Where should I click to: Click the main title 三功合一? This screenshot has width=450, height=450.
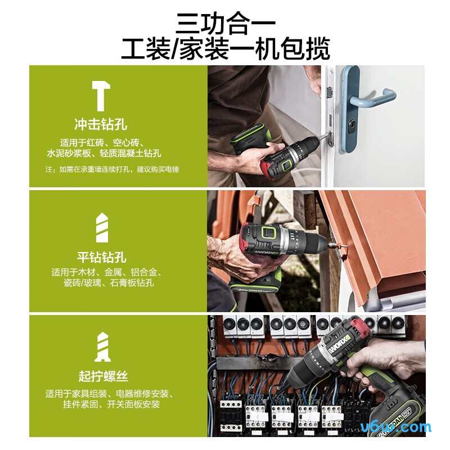pos(225,22)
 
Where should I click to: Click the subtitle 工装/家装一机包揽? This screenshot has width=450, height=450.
pos(225,49)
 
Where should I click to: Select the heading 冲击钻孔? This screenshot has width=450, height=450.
pos(101,124)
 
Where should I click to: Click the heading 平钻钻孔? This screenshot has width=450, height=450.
pos(101,258)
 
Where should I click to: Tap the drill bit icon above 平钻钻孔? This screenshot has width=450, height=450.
pos(101,228)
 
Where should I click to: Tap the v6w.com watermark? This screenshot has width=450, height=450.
pos(403,427)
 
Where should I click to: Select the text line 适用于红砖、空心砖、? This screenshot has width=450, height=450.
pos(103,142)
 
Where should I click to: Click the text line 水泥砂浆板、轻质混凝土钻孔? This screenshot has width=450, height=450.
pos(104,153)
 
